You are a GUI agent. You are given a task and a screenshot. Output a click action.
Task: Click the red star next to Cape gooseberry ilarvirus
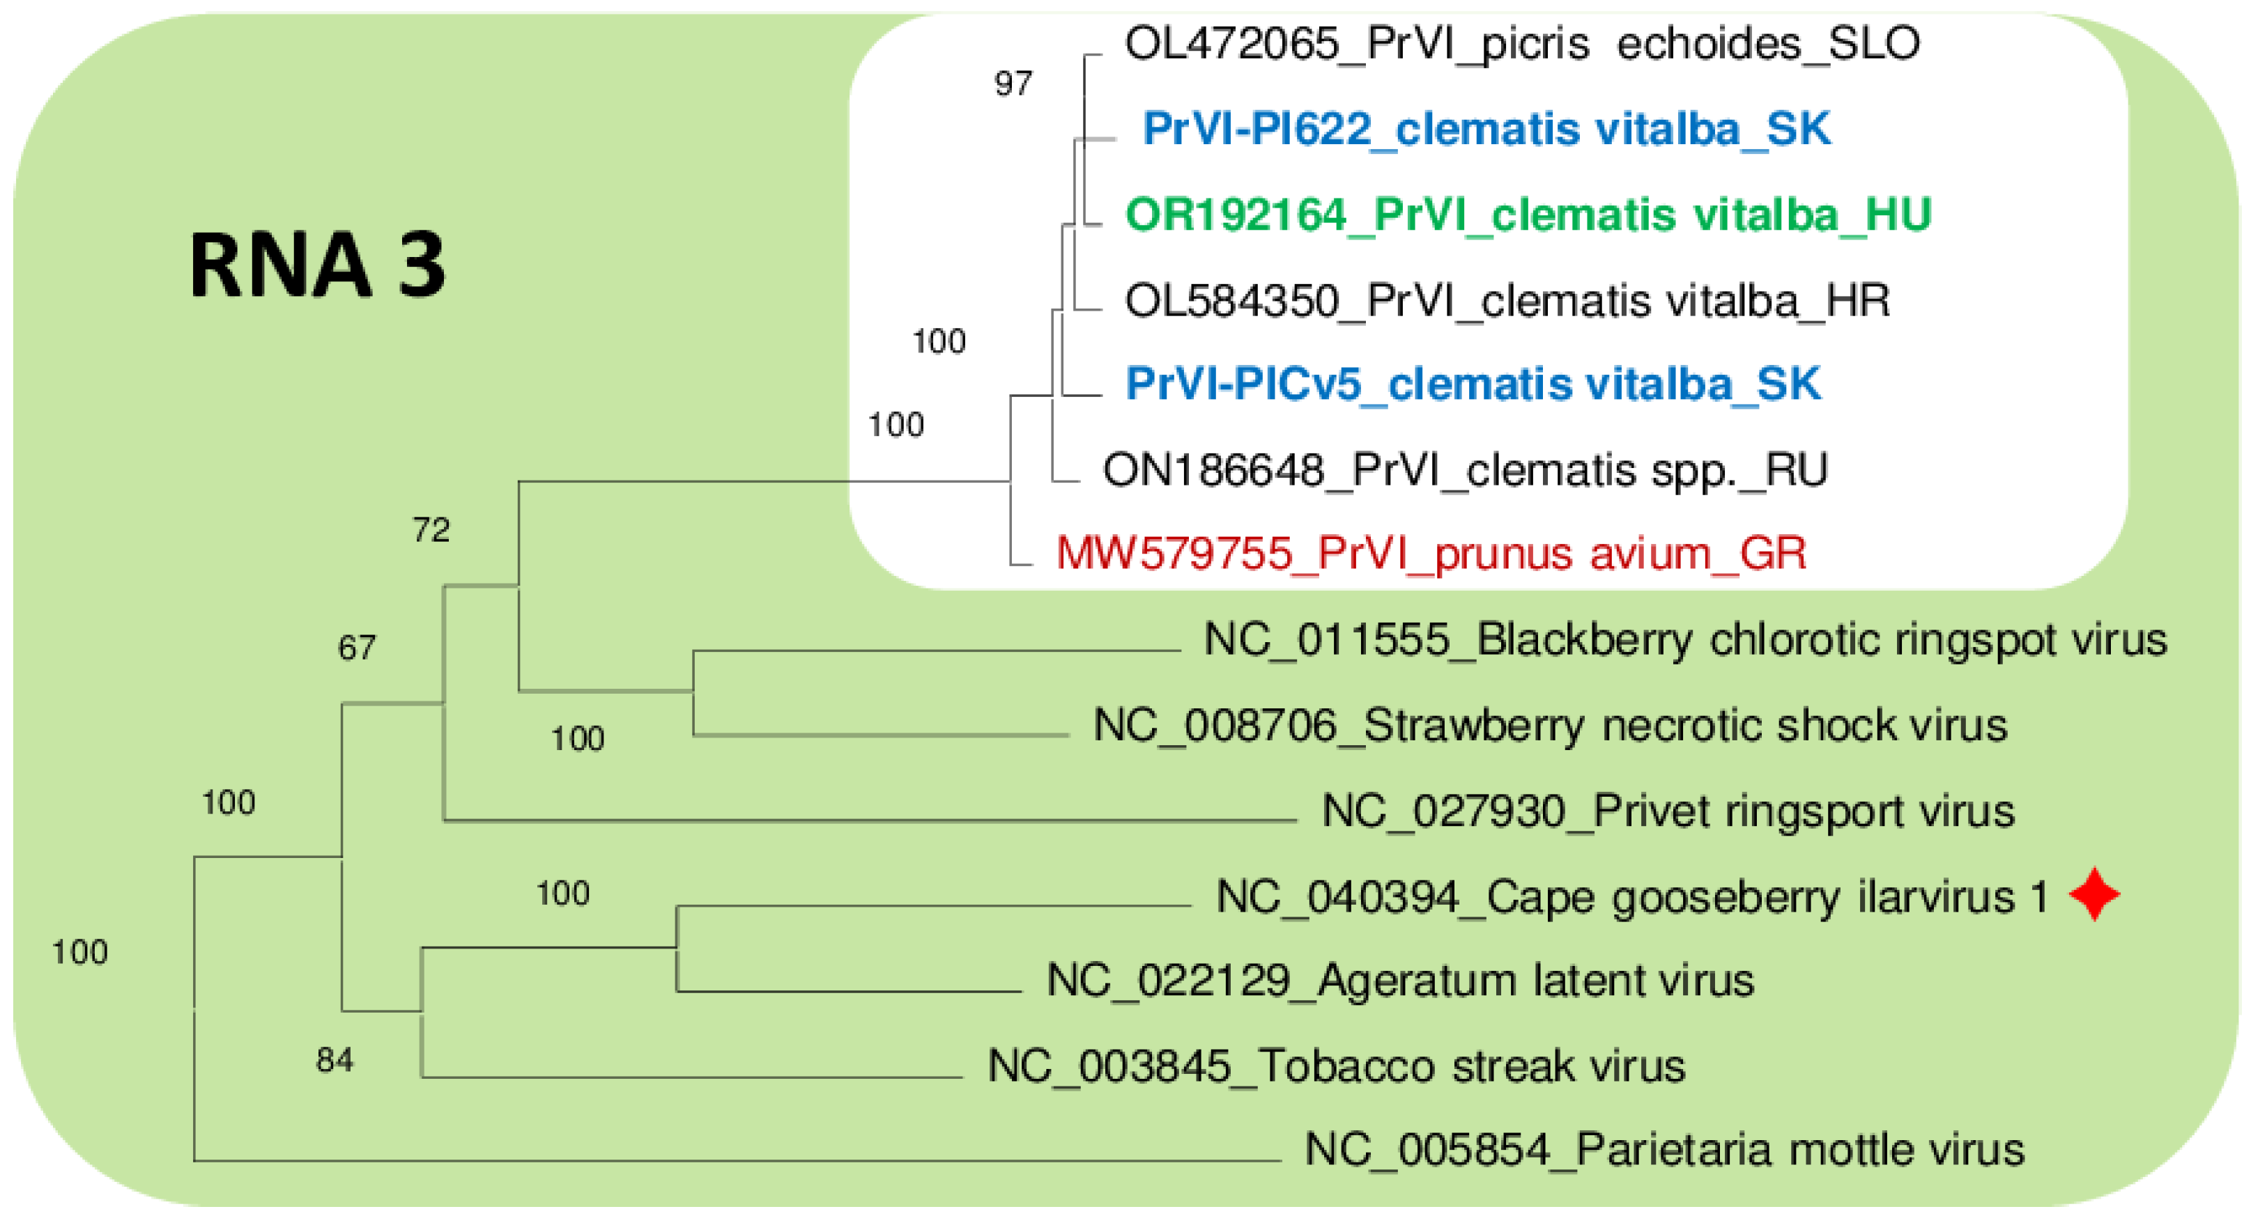click(2093, 894)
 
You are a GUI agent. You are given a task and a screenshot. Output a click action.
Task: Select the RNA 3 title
click(317, 265)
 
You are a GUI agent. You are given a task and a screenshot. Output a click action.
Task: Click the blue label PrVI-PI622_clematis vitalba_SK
click(1486, 130)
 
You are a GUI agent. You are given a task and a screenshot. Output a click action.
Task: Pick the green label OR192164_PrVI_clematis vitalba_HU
click(1528, 215)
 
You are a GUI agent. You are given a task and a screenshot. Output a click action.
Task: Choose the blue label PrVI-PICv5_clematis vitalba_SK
click(1473, 384)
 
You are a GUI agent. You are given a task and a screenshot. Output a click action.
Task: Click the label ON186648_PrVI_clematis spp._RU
click(1465, 470)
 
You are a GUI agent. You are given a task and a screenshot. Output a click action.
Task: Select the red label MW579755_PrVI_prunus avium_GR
click(1431, 554)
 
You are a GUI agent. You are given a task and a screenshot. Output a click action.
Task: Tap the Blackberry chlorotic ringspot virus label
click(1684, 639)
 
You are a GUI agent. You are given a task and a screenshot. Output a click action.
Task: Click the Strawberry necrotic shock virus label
click(1550, 725)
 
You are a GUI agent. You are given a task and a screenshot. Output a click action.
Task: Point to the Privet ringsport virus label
click(1667, 811)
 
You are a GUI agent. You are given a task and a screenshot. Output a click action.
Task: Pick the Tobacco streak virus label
click(1336, 1066)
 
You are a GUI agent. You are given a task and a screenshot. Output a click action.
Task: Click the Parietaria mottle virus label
click(1664, 1150)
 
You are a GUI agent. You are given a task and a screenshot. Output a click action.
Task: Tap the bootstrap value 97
click(1013, 84)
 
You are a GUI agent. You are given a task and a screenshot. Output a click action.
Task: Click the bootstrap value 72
click(431, 529)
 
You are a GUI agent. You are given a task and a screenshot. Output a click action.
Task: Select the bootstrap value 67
click(357, 647)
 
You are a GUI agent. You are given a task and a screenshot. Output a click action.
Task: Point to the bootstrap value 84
click(335, 1059)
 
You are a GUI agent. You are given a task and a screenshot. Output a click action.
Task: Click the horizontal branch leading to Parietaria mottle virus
click(734, 1160)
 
